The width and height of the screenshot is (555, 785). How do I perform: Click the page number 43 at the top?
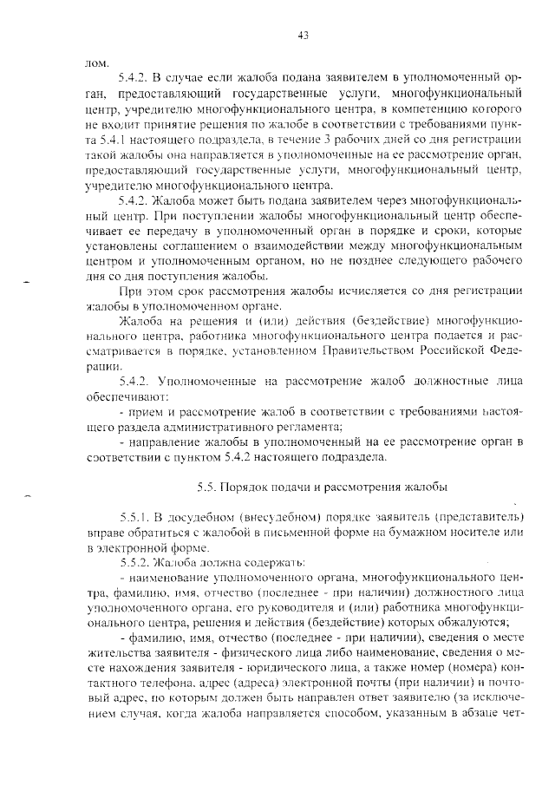pos(303,36)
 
